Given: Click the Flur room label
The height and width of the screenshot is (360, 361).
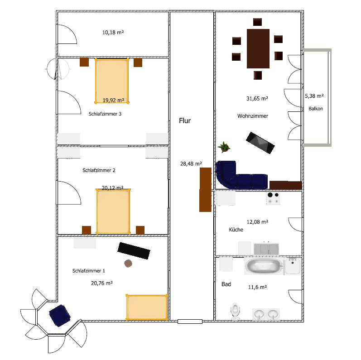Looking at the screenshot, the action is coord(185,120).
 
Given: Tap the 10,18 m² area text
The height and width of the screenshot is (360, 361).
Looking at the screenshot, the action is coord(113,33).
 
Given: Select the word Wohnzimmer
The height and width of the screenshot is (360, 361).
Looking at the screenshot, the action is coord(253,116).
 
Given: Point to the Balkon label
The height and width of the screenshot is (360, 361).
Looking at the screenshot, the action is coord(316,108).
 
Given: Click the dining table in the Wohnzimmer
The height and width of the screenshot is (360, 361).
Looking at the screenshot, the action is coord(258,48).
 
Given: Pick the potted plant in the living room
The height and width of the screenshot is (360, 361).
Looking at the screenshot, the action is coord(224,147).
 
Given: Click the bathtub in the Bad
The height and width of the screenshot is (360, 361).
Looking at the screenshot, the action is coord(264,266).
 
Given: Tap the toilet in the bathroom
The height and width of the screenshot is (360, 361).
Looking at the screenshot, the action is coord(235,311).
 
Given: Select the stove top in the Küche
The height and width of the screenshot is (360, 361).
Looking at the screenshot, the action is coord(273,198).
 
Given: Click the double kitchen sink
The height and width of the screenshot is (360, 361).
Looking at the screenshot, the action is coord(266,249).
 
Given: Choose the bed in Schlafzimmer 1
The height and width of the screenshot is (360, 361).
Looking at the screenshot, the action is coord(147,307).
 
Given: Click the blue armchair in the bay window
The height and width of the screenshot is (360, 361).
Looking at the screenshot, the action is coord(60,315).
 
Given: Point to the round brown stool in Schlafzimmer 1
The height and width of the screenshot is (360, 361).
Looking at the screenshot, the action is coord(128,264).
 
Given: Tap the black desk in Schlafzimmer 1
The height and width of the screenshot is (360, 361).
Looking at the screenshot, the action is coord(134,251).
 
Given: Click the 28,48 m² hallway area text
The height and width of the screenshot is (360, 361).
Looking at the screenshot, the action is coord(191,163).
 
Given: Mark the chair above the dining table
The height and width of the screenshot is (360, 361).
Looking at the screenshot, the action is coord(257,22).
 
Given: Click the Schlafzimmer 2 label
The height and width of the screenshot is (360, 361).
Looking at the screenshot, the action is coord(99,170).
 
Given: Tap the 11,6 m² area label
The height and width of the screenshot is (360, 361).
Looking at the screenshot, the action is coord(257,287).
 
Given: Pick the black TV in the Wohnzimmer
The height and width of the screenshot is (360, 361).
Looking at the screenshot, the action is coord(260,143).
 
